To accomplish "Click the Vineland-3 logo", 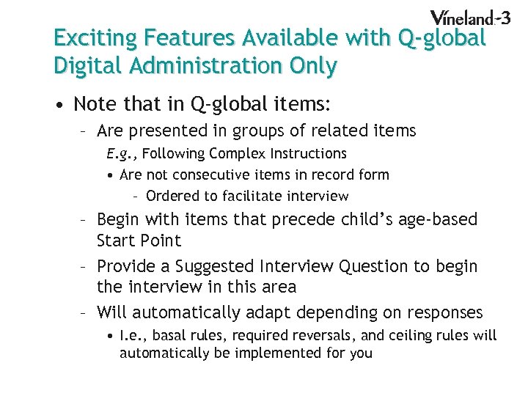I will pos(470,18).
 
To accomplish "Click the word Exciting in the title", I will pos(96,37).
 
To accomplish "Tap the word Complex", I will pos(238,153).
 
